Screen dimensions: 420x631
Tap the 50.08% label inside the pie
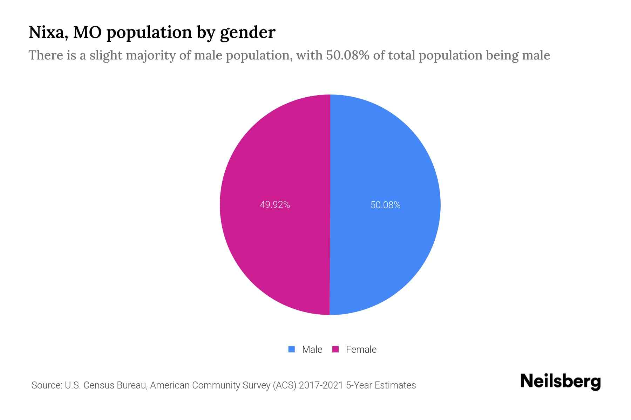click(x=385, y=205)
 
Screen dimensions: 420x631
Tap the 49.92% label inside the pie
click(x=275, y=205)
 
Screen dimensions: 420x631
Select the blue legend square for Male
click(x=291, y=349)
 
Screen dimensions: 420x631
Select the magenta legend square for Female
click(x=335, y=349)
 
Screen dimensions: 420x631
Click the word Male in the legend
click(x=312, y=350)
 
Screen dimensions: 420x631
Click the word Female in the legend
click(x=361, y=350)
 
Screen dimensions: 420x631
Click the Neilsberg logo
click(x=560, y=382)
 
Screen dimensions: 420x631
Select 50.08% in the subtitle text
click(x=347, y=55)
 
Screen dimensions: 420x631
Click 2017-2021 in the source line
click(x=321, y=385)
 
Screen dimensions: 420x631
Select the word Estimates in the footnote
click(x=395, y=385)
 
